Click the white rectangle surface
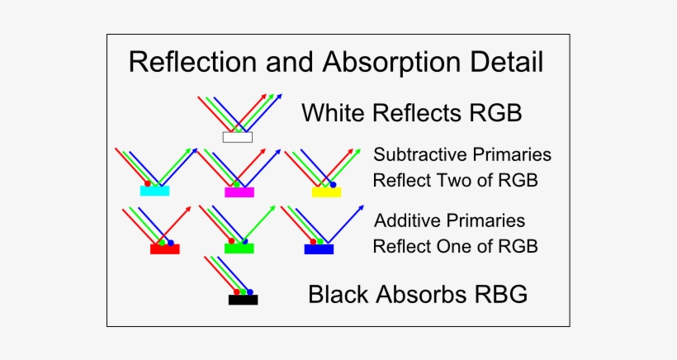pyautogui.click(x=237, y=137)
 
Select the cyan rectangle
pyautogui.click(x=154, y=192)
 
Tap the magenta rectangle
pyautogui.click(x=239, y=192)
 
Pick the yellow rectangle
pyautogui.click(x=326, y=192)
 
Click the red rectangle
pyautogui.click(x=164, y=249)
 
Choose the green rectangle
pyautogui.click(x=239, y=248)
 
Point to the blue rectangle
pyautogui.click(x=319, y=249)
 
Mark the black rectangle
pyautogui.click(x=243, y=300)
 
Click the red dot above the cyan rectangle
pyautogui.click(x=147, y=182)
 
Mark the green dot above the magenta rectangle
pyautogui.click(x=238, y=183)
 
